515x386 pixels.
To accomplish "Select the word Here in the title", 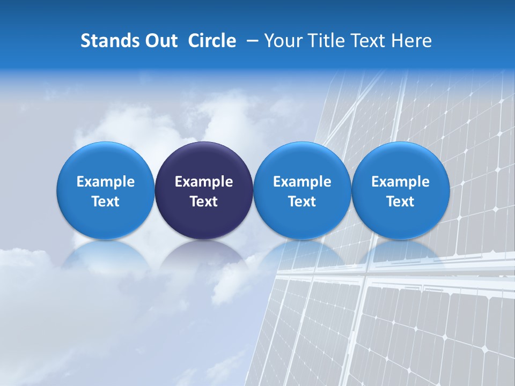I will point(411,41).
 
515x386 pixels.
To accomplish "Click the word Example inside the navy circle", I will point(204,182).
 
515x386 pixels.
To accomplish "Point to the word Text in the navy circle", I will point(204,202).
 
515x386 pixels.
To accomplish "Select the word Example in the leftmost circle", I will point(105,182).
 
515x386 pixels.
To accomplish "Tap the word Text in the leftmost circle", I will point(105,202).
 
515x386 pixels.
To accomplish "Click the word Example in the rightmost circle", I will point(401,182).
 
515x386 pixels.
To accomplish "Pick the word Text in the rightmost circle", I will point(401,202).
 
